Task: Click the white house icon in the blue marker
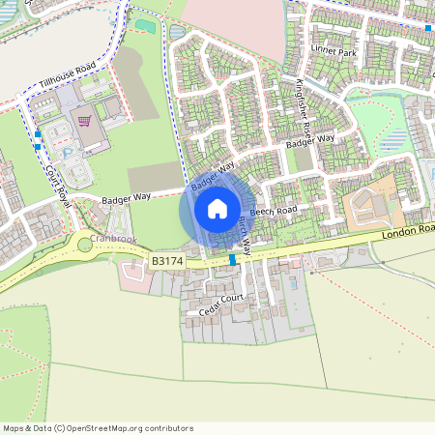(x=217, y=208)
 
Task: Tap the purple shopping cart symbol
(x=84, y=121)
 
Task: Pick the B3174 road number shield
(x=167, y=261)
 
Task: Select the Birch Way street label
(x=243, y=232)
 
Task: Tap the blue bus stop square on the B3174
(x=233, y=260)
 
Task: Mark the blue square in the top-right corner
(x=428, y=28)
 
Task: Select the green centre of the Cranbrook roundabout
(x=86, y=246)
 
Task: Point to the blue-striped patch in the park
(x=397, y=141)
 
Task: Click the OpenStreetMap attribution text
(x=98, y=428)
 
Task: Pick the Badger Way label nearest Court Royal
(x=128, y=197)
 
